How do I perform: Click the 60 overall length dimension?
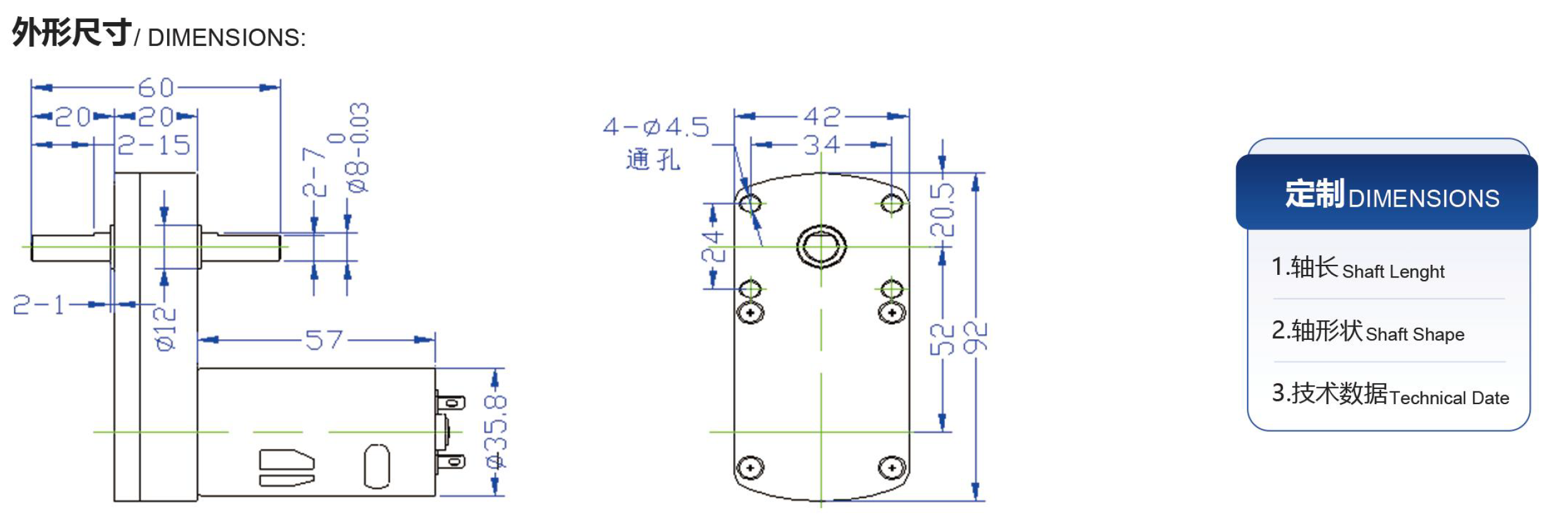[156, 88]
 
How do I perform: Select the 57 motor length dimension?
[323, 340]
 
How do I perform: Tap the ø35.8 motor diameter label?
[496, 432]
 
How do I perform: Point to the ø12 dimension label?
[165, 328]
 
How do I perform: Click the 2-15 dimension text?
[154, 146]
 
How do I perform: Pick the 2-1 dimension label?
[39, 305]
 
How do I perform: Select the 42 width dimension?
[821, 117]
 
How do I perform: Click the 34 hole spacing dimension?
[821, 145]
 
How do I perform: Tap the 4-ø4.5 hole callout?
[656, 127]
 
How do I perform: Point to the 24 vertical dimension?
[714, 246]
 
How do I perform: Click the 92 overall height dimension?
[976, 337]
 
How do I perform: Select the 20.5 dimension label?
[942, 209]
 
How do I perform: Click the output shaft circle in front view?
[821, 246]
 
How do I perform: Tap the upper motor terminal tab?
[451, 402]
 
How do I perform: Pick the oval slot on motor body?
[376, 466]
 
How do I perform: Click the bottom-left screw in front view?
[750, 468]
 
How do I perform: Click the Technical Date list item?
[1390, 395]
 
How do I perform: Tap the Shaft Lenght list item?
[1358, 269]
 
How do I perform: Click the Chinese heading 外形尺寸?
[72, 32]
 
